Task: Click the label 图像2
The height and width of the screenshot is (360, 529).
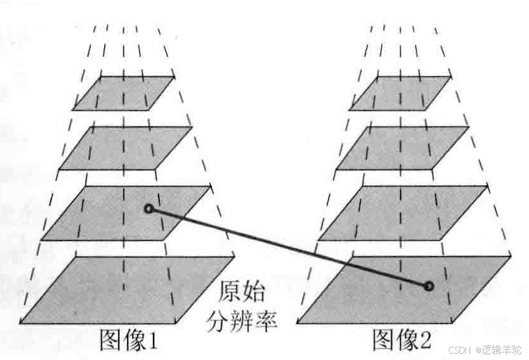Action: pos(401,341)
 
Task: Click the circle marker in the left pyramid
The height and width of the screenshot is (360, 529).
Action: pos(148,209)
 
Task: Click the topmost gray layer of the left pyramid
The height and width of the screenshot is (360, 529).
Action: pos(123,93)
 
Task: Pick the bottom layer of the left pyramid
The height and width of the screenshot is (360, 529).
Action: pos(126,290)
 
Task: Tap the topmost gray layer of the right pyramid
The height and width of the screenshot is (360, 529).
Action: pos(400,93)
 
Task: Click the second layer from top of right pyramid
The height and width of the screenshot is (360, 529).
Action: pos(402,148)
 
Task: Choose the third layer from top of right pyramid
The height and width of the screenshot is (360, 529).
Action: pos(403,213)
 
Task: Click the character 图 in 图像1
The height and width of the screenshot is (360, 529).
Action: pos(111,341)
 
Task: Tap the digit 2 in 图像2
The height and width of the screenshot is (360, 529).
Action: pos(423,342)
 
